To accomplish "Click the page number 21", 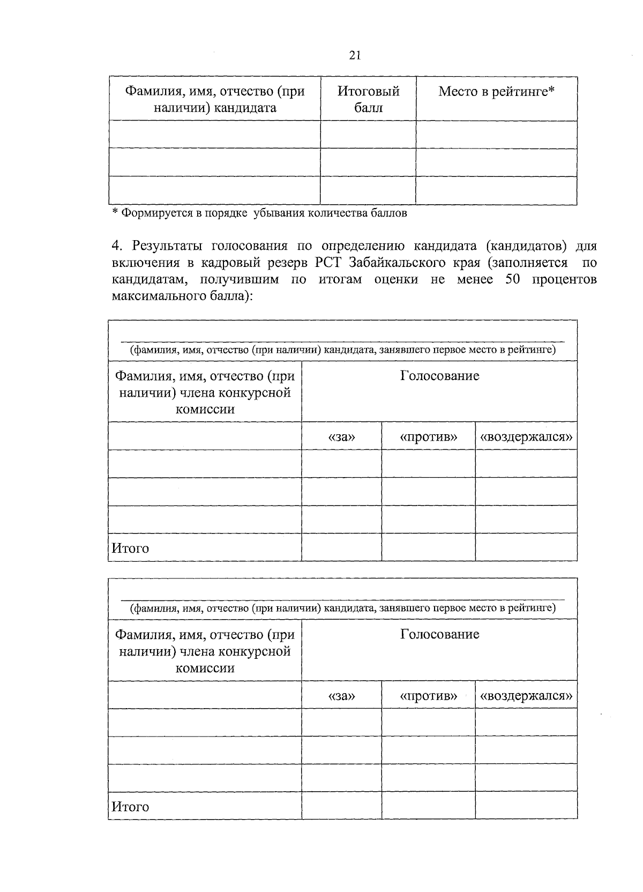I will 354,56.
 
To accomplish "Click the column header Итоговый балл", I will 368,99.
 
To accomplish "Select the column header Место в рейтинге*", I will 496,92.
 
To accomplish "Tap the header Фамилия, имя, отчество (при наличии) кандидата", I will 215,99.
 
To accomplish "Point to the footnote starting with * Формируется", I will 259,213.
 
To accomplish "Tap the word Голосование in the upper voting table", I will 439,376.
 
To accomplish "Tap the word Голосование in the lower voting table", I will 439,635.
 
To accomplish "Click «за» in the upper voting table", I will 342,437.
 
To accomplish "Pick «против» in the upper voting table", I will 428,437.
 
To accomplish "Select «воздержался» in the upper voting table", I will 526,437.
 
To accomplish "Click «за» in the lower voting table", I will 342,696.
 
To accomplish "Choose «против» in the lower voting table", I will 428,696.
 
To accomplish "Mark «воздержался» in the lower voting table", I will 526,696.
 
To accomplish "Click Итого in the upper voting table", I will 130,548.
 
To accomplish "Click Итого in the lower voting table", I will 130,807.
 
